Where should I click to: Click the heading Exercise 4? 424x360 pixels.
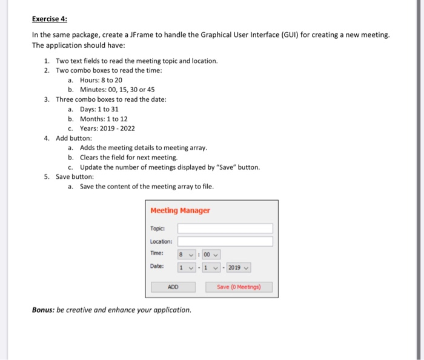point(50,19)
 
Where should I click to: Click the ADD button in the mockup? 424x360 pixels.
point(173,287)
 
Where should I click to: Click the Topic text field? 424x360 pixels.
point(225,228)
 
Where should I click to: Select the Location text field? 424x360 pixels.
point(225,241)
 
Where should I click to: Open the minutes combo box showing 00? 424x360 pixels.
point(211,255)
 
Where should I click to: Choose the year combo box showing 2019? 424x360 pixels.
point(238,267)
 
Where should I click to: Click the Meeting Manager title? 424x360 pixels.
point(181,210)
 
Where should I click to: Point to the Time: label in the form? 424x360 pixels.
point(157,254)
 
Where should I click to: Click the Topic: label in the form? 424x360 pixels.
point(157,228)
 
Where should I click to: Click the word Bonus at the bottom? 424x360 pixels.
point(44,310)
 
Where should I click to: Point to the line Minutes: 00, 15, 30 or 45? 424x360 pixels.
point(117,90)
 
